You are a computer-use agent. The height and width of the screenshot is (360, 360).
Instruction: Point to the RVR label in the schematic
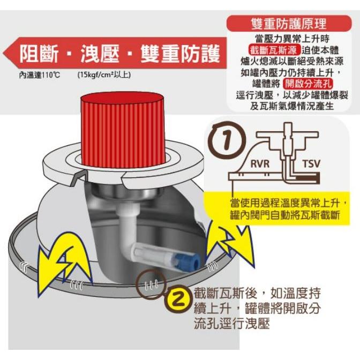260,163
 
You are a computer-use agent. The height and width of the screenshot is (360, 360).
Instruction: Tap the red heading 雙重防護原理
288,24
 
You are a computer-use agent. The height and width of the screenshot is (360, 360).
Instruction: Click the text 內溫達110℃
39,74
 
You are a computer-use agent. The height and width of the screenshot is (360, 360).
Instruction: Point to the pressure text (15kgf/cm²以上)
103,74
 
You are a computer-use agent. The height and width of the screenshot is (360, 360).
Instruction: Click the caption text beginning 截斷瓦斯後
257,309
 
